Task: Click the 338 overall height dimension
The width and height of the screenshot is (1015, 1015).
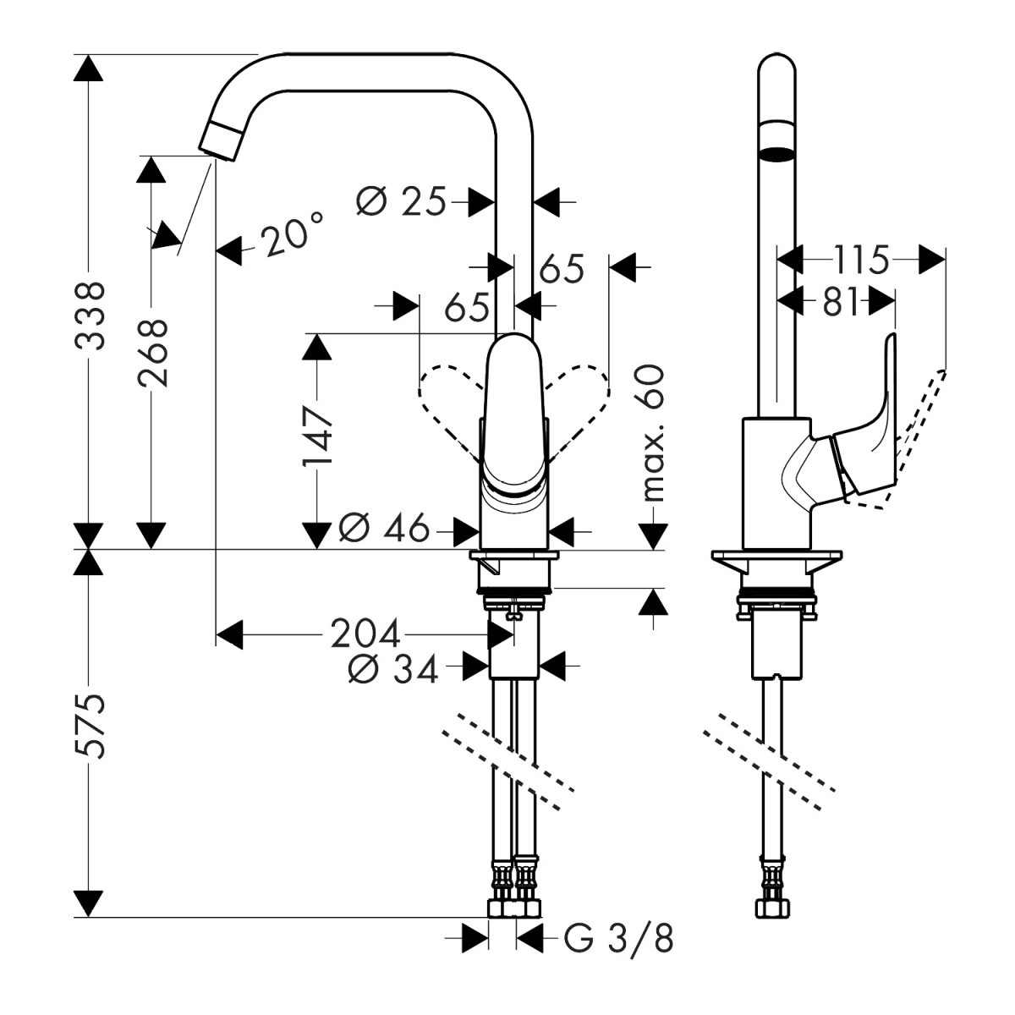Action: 90,315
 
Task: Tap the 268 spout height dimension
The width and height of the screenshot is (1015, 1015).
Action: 152,353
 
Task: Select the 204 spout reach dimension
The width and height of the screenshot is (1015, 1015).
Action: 365,634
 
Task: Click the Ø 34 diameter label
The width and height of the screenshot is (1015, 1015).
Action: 393,669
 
